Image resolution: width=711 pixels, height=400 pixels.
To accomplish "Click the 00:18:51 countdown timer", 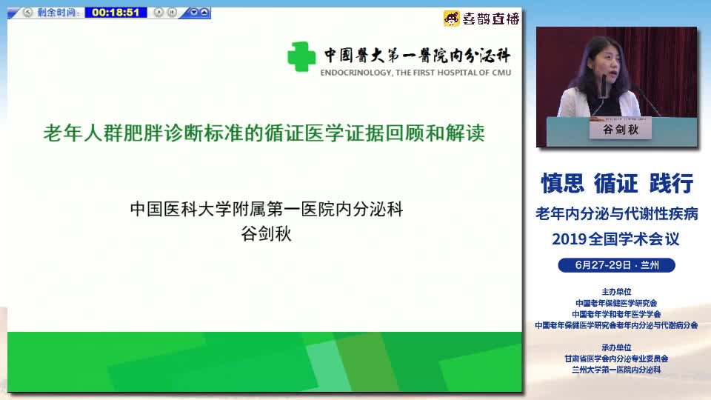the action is point(116,13).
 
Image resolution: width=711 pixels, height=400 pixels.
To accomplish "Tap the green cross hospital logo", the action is point(301,57).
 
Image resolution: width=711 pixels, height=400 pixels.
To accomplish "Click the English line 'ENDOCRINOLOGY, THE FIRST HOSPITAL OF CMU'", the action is point(415,73).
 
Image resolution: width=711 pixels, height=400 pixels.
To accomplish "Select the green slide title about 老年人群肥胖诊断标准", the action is point(264,133).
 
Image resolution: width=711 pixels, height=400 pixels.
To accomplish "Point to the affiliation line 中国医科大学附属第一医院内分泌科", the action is point(267,209).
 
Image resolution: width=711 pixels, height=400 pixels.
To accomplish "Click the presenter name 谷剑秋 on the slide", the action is point(266,234).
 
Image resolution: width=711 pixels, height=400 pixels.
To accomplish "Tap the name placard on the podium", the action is point(621,129).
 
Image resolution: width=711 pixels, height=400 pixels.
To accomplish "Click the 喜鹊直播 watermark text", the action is point(491,19).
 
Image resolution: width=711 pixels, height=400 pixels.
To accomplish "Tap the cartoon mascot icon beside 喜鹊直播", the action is point(452,19).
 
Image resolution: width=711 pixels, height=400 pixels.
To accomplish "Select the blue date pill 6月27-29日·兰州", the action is point(617,265).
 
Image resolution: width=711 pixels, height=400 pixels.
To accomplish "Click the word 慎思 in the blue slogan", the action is point(563,183).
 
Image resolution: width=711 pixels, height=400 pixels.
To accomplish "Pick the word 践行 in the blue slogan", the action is point(671,183).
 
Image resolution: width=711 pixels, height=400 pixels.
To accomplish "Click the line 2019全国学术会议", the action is point(615,239).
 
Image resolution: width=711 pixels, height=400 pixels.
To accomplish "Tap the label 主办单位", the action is point(616,292).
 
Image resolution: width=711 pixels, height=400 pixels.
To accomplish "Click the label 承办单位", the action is point(616,347).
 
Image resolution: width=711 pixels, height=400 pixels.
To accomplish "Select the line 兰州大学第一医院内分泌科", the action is point(616,370).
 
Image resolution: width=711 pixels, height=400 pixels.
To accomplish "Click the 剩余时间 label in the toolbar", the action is point(57,13).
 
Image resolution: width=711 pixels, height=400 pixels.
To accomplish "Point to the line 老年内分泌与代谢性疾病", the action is point(617,213).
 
